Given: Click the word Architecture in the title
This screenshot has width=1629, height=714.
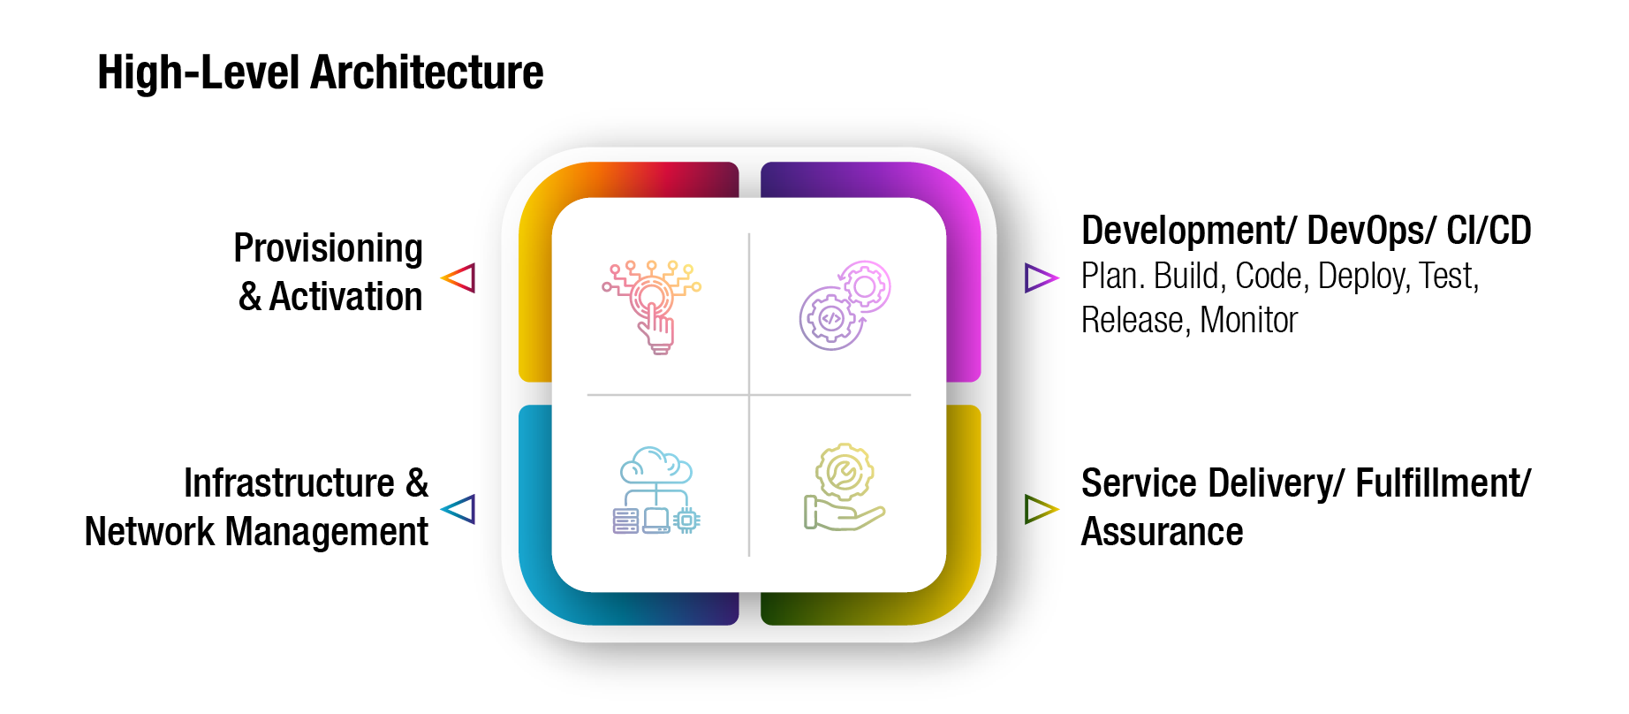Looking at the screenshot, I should (427, 72).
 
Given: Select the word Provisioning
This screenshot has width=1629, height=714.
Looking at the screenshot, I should (328, 249).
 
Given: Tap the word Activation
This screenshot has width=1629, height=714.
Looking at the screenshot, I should (345, 297).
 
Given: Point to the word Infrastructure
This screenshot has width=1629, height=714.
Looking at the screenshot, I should (289, 483).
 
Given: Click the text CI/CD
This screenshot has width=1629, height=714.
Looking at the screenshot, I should (1489, 231).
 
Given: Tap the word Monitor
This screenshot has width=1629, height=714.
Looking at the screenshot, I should (1248, 321).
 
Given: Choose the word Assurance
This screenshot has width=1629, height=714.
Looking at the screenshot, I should (1162, 532).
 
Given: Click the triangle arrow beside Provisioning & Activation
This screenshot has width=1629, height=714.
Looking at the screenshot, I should (459, 277).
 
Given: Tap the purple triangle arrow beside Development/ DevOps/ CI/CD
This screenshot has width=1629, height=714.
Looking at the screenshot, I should (1040, 277).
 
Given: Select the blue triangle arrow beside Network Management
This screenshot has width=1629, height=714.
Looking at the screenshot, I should (459, 509).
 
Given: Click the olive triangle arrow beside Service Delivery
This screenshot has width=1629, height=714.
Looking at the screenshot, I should (1040, 509).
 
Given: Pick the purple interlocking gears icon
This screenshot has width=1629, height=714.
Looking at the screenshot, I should (845, 305).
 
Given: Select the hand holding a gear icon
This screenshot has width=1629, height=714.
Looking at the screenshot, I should (844, 487).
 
